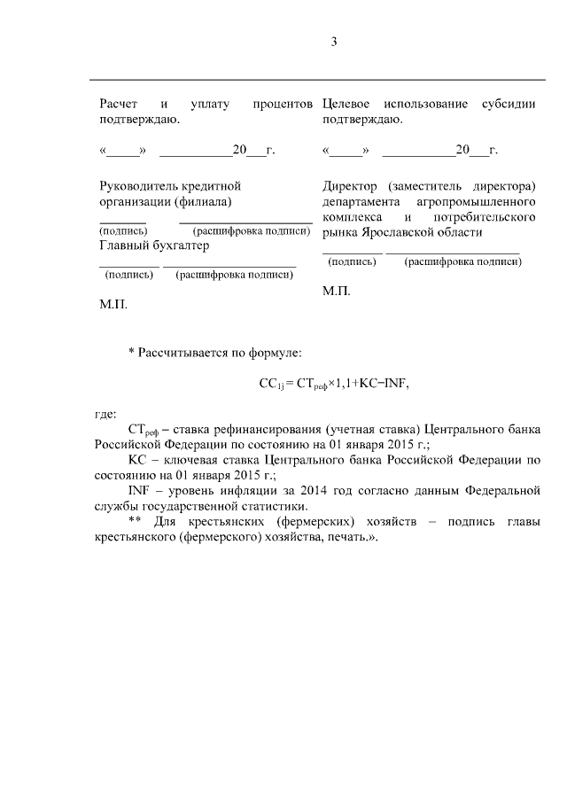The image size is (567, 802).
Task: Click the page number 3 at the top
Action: click(335, 42)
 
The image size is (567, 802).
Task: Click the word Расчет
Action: click(118, 104)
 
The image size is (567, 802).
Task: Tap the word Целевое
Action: click(348, 104)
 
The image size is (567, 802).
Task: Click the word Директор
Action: click(351, 186)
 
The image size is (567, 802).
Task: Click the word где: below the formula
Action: click(107, 413)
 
